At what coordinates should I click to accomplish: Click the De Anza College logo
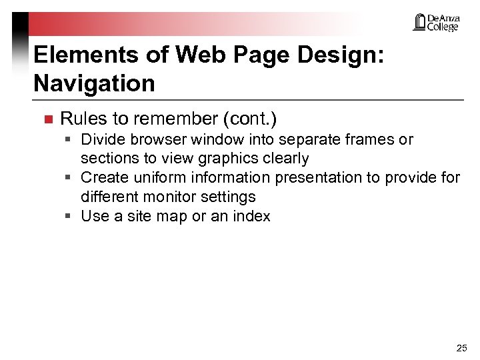click(x=436, y=23)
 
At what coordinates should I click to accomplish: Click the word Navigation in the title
click(x=94, y=84)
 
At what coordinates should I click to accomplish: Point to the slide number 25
click(x=461, y=348)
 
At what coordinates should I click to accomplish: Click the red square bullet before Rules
click(x=47, y=120)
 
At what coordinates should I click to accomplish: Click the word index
click(x=252, y=216)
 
